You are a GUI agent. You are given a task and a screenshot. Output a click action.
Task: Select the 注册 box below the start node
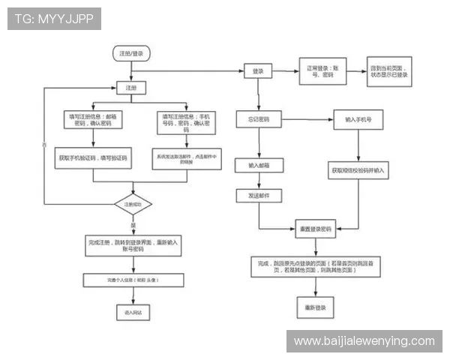pyautogui.click(x=131, y=88)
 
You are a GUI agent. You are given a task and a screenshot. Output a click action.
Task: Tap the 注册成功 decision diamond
pyautogui.click(x=133, y=204)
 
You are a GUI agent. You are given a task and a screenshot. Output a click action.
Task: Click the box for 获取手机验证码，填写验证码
pyautogui.click(x=94, y=159)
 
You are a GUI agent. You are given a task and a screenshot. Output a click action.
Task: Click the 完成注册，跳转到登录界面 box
pyautogui.click(x=133, y=245)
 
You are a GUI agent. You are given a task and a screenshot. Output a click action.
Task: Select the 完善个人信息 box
pyautogui.click(x=133, y=280)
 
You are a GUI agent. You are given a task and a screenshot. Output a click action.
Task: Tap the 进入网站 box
pyautogui.click(x=133, y=310)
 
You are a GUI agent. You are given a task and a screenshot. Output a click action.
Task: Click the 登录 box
pyautogui.click(x=258, y=70)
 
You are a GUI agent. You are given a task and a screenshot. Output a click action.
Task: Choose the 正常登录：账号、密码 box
pyautogui.click(x=321, y=71)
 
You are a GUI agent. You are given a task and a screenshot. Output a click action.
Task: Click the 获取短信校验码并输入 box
pyautogui.click(x=358, y=170)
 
